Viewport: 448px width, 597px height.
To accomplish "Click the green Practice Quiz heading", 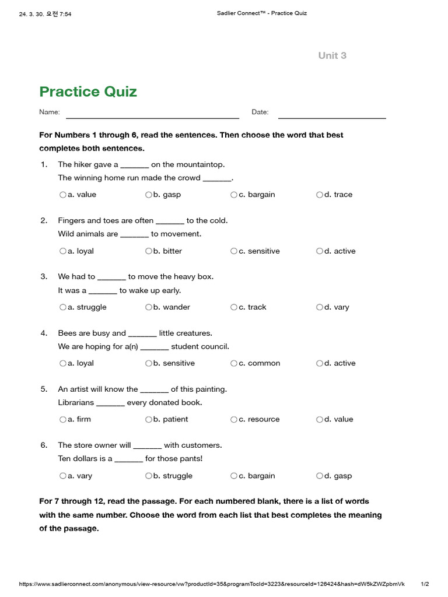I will (x=88, y=92).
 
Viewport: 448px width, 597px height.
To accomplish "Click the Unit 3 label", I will (x=332, y=55).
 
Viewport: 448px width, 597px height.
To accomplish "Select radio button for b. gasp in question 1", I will (x=149, y=195).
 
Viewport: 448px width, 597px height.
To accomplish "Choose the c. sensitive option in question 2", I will (x=234, y=251).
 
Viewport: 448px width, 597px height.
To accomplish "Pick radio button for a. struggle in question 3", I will (x=62, y=307).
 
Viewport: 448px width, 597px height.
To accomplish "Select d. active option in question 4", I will (x=320, y=363).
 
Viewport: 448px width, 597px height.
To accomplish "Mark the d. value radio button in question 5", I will (x=320, y=419).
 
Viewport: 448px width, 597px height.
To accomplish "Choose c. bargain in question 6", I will (x=234, y=476).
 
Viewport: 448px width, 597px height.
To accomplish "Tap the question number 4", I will (x=44, y=333).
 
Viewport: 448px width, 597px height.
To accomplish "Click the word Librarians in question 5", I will (x=76, y=402).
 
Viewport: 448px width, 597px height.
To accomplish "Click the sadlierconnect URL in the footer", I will (x=211, y=584).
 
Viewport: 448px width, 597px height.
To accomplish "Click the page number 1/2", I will (x=425, y=584).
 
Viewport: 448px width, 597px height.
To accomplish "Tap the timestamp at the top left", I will (x=45, y=14).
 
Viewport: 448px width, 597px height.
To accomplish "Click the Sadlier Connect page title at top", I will (x=257, y=13).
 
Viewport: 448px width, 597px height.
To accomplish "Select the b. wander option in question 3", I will (x=149, y=307).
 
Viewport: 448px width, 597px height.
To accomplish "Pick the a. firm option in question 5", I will (x=62, y=419).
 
